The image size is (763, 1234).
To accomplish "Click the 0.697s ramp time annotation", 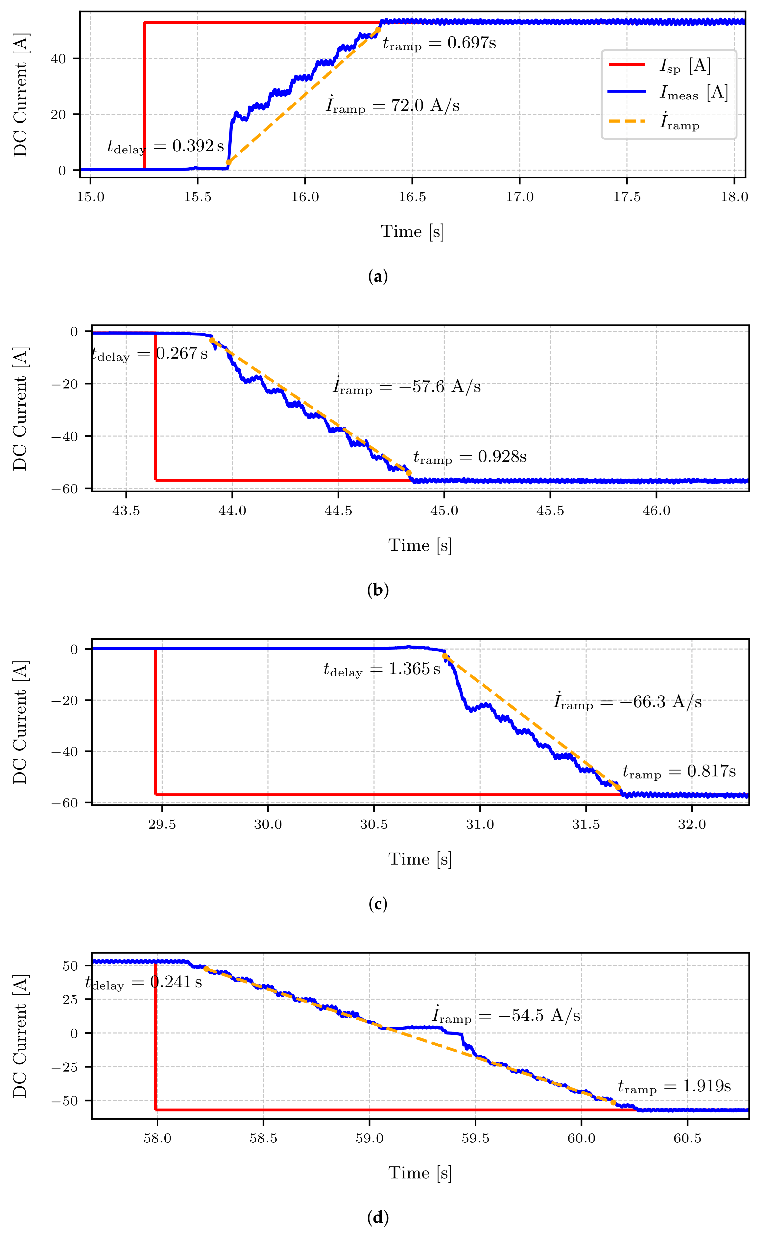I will (439, 43).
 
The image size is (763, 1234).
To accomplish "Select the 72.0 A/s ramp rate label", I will (393, 105).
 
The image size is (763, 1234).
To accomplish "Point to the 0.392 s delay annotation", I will (165, 146).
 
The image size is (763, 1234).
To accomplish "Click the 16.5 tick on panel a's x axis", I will (412, 197).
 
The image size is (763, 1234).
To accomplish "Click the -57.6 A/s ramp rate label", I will (407, 387).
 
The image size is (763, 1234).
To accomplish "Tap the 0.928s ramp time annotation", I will (470, 457).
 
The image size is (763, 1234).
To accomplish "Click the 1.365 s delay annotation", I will (382, 669).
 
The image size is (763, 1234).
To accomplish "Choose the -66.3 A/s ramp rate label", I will (627, 702).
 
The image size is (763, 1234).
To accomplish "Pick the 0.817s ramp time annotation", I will (679, 771).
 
